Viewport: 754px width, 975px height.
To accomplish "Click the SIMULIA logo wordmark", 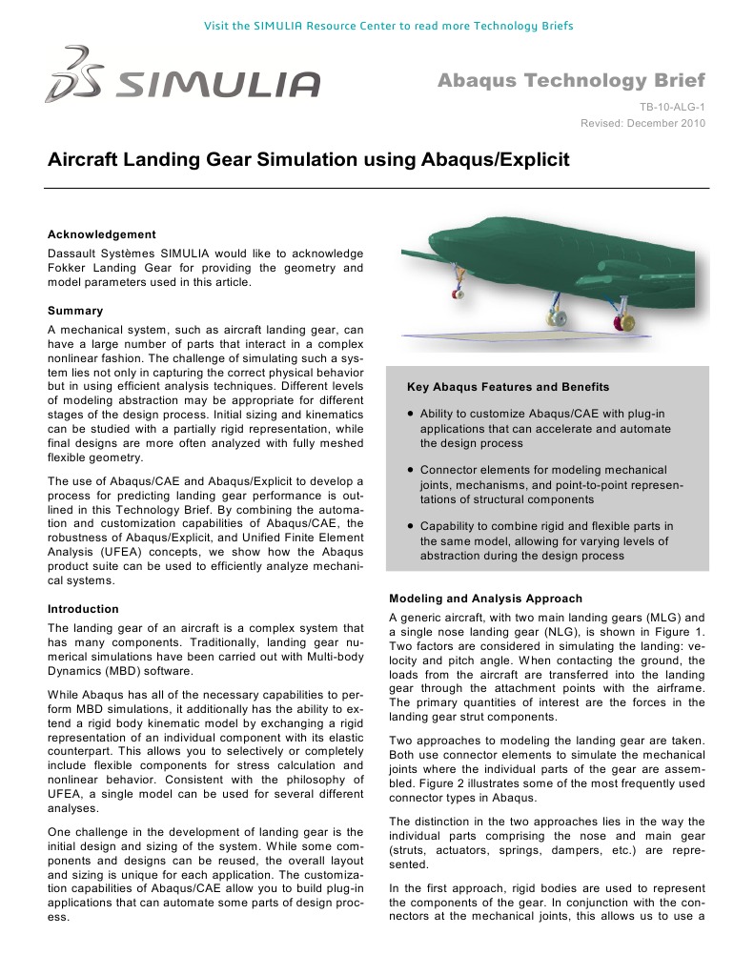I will [217, 85].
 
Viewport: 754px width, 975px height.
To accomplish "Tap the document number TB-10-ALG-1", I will [672, 109].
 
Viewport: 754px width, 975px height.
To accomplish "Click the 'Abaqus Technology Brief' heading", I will [571, 80].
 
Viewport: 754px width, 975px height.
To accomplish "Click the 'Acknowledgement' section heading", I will [102, 234].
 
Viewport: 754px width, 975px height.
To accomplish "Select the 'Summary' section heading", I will [75, 311].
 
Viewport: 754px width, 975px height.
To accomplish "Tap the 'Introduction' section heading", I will [83, 609].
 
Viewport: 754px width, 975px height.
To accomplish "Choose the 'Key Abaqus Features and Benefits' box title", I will [508, 387].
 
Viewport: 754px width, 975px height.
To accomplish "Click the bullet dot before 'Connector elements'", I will [409, 470].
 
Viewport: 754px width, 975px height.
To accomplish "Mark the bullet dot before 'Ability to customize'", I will [409, 415].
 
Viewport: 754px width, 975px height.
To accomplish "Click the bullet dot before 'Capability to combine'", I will [409, 525].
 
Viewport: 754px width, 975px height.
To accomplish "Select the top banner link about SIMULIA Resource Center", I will [389, 25].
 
